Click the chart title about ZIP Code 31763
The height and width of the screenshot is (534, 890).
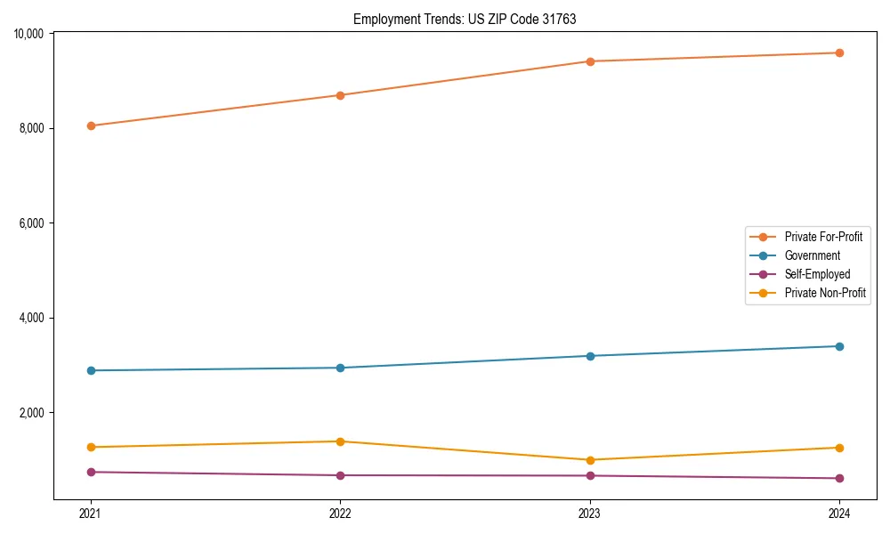pyautogui.click(x=465, y=19)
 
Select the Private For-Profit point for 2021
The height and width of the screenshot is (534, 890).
pyautogui.click(x=91, y=125)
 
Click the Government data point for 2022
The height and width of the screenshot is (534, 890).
pyautogui.click(x=340, y=368)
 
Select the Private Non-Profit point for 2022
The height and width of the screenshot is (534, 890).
pyautogui.click(x=340, y=441)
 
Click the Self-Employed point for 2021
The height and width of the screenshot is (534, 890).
pyautogui.click(x=91, y=472)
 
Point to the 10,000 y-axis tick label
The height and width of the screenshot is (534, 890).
pyautogui.click(x=29, y=34)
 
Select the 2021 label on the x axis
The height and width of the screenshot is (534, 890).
pyautogui.click(x=91, y=513)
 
